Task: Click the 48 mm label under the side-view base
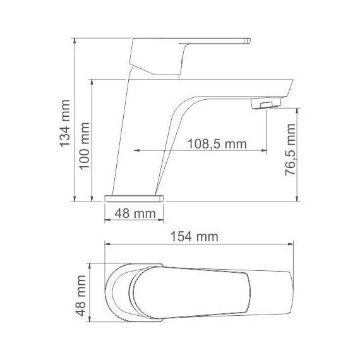[135, 213]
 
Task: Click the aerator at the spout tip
[265, 104]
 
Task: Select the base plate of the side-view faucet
[135, 198]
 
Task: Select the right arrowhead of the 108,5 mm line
[263, 151]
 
